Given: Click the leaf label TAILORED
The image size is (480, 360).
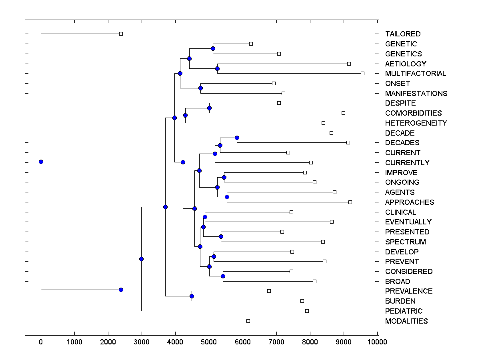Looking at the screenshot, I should [x=403, y=34].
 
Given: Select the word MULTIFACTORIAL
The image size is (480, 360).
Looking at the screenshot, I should [x=415, y=74].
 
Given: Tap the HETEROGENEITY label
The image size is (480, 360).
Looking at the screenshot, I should [x=416, y=123].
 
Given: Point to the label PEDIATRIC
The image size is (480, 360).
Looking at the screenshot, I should [x=404, y=311].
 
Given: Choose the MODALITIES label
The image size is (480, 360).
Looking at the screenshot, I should [x=406, y=321].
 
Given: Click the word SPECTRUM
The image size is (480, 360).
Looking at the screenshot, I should [x=405, y=242].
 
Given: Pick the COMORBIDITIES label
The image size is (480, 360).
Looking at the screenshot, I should [x=413, y=113].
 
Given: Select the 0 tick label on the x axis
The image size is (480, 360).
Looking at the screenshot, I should [x=41, y=342].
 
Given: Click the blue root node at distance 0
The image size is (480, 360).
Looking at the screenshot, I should [x=41, y=162].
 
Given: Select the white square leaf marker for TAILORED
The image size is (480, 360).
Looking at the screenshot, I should [x=121, y=34].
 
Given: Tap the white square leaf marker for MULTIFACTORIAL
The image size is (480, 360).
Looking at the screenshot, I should [x=362, y=73].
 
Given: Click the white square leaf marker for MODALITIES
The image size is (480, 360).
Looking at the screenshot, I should [x=248, y=321].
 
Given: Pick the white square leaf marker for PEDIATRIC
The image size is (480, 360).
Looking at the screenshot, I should [x=307, y=311].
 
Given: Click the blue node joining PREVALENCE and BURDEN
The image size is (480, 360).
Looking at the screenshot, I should [x=192, y=296].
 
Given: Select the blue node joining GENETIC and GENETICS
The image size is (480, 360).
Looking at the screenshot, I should [x=213, y=49].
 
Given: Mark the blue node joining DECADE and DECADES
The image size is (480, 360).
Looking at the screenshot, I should [x=237, y=138].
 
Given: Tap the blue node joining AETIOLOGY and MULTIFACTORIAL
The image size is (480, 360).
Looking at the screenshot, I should [x=217, y=68].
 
